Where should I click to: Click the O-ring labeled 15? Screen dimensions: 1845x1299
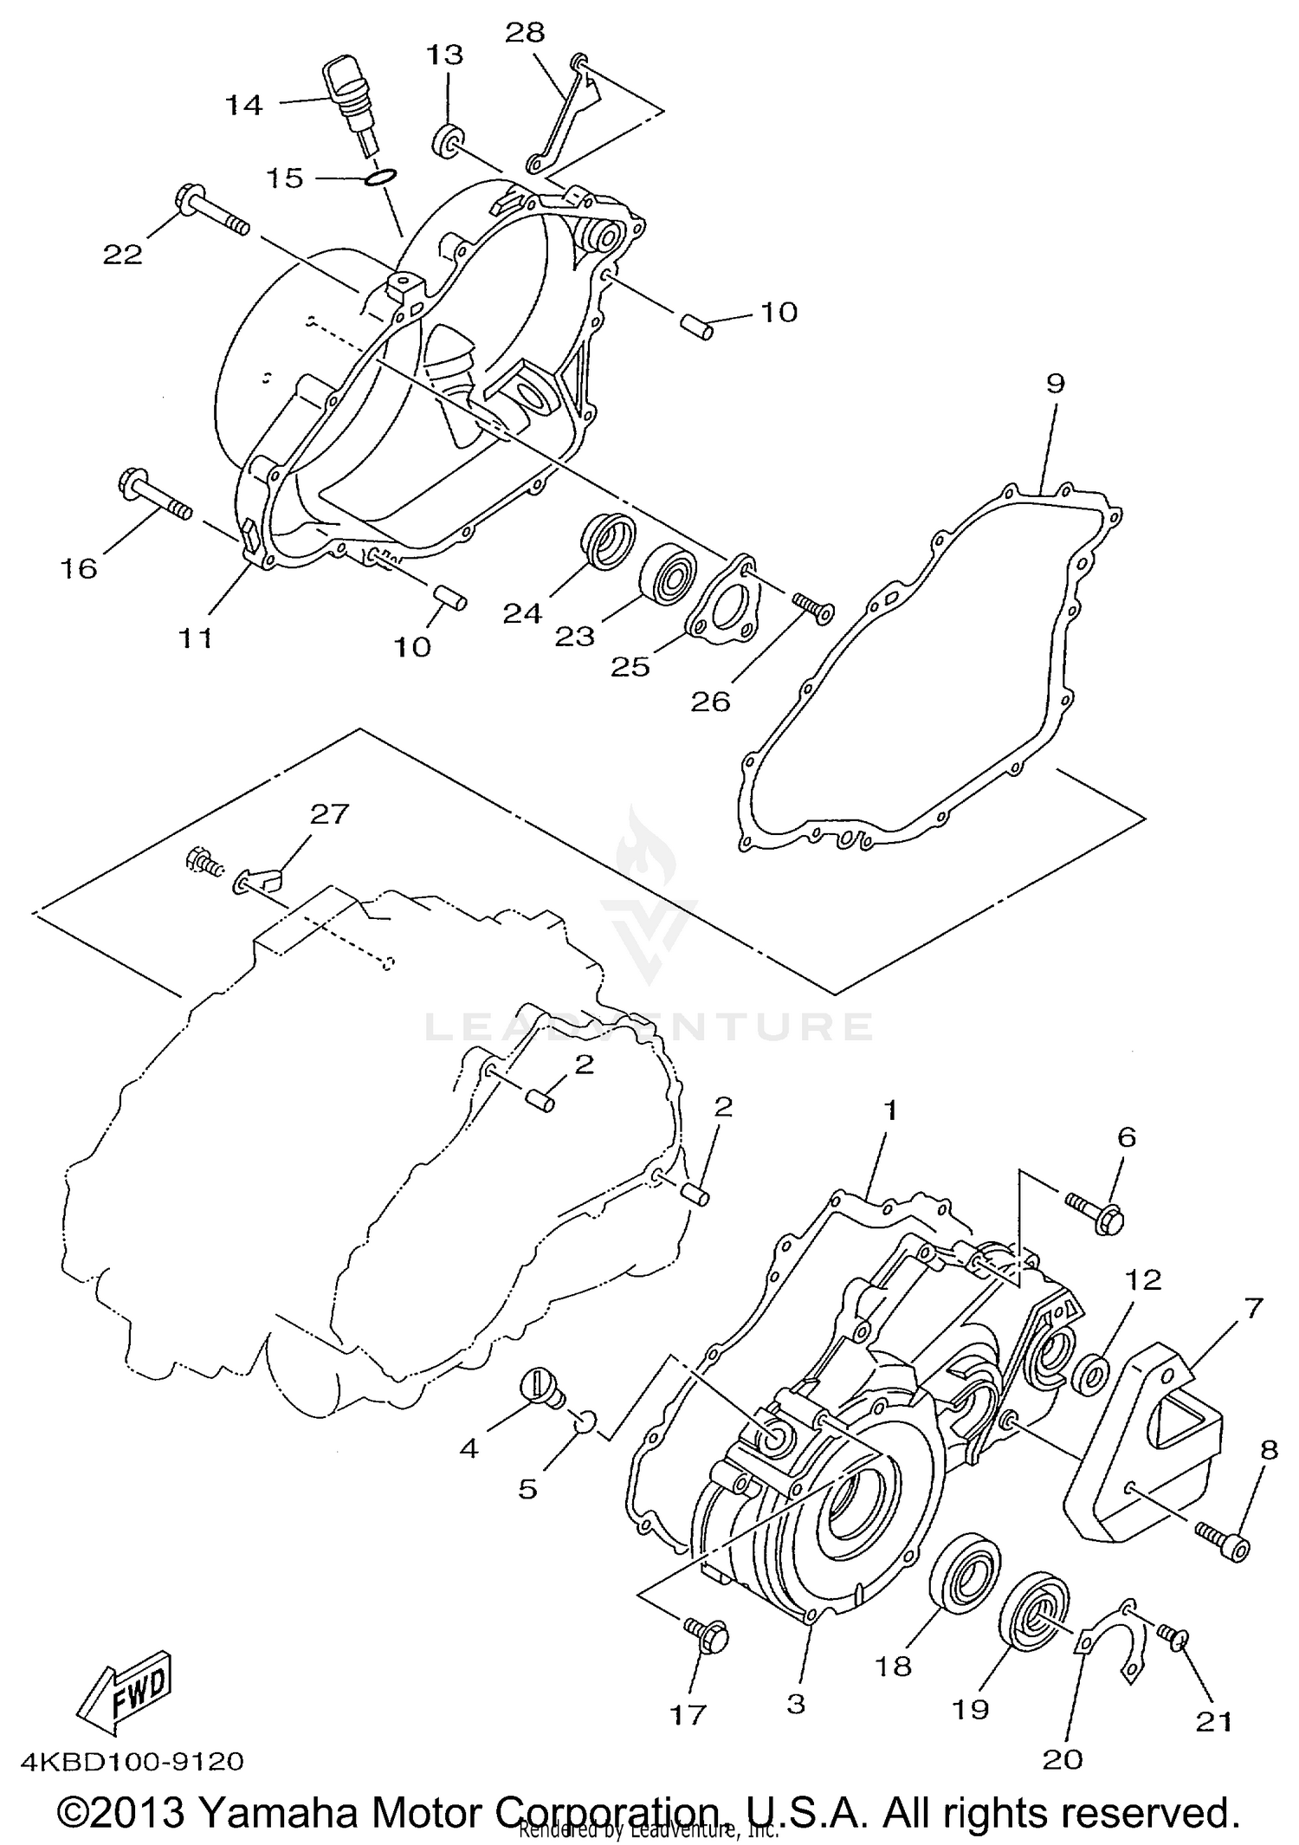pyautogui.click(x=381, y=178)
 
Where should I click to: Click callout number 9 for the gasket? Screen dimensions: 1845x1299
pyautogui.click(x=1054, y=384)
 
